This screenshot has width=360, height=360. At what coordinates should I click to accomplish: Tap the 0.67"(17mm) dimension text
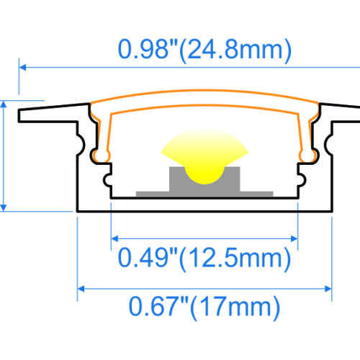click(204, 308)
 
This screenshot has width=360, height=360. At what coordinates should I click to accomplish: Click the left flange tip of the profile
click(23, 114)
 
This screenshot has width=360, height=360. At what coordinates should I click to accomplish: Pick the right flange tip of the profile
click(356, 114)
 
